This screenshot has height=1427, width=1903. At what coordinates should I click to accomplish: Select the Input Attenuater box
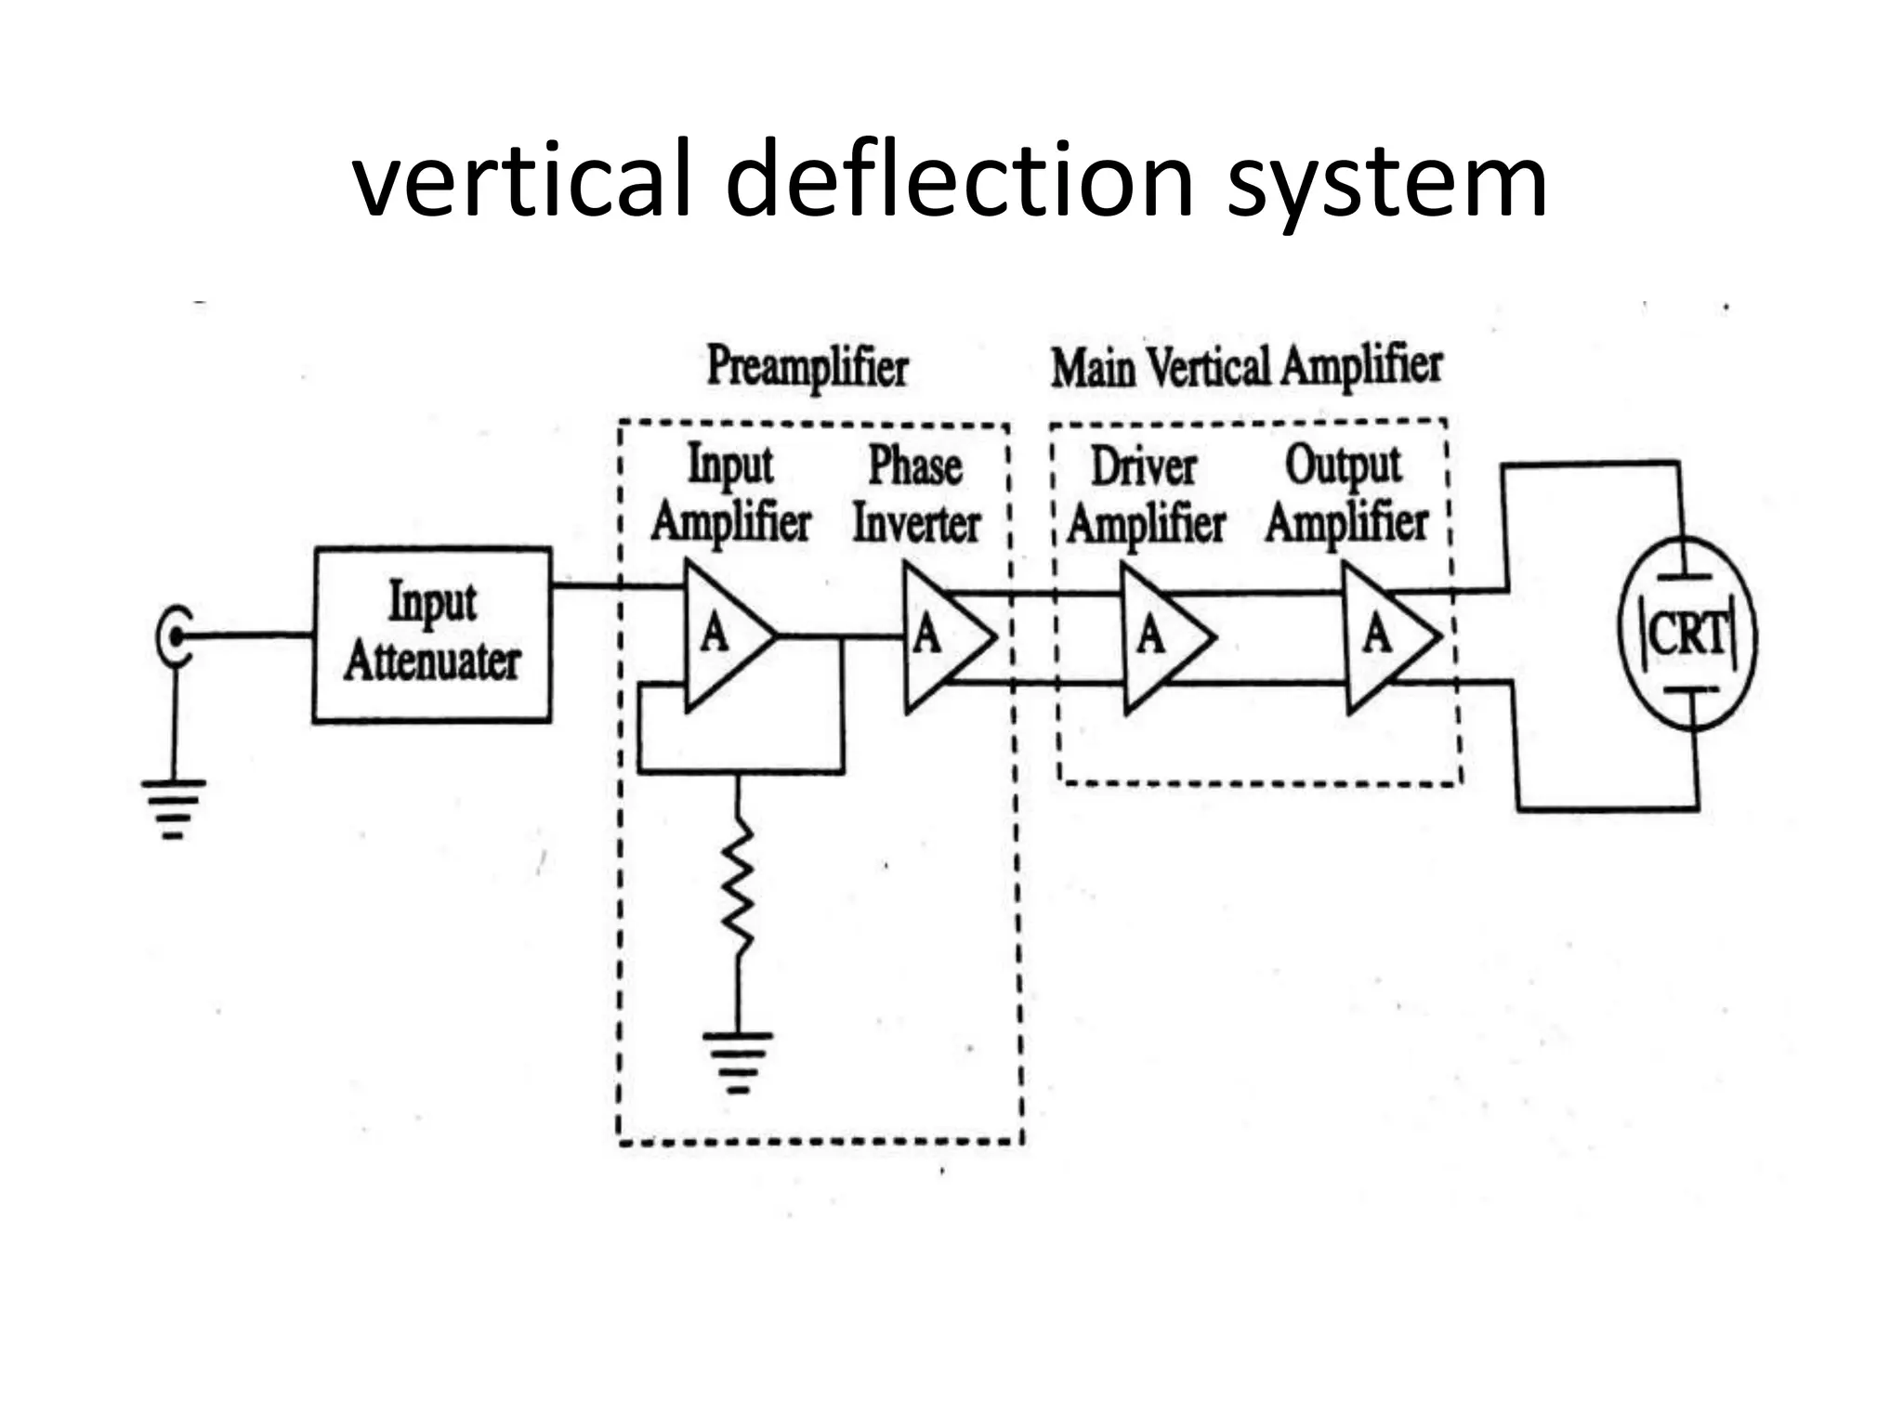432,635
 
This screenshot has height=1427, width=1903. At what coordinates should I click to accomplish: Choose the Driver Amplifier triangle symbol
1161,638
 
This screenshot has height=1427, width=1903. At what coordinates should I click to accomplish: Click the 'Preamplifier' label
807,366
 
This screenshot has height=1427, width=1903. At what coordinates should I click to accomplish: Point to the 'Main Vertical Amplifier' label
1246,366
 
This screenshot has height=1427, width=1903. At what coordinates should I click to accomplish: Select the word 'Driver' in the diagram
1143,466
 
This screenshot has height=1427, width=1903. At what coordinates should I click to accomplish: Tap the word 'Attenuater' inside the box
432,662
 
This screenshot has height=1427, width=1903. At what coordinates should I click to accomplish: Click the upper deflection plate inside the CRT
1684,577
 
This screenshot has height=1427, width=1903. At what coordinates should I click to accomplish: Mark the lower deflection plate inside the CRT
1689,690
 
